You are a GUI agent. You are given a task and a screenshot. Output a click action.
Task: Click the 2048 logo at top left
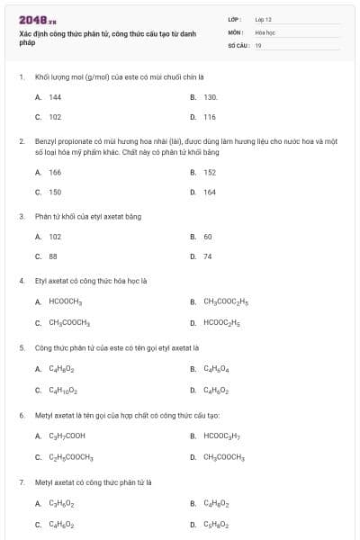coord(32,19)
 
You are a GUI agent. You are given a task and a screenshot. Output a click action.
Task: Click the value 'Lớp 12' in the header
coord(264,18)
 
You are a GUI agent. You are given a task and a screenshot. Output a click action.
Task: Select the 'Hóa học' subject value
coord(265,31)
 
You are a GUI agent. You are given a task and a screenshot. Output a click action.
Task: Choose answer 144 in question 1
coord(55,96)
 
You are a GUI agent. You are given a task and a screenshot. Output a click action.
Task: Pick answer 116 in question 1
coord(209,117)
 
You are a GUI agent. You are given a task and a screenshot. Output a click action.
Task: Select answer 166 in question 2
coord(55,172)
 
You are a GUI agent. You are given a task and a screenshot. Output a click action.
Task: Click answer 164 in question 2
coord(209,192)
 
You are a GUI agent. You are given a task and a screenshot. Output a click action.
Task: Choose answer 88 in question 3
coord(54,256)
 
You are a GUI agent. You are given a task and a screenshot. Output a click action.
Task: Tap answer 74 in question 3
coord(207,256)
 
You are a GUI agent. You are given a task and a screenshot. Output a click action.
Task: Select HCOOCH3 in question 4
coord(65,301)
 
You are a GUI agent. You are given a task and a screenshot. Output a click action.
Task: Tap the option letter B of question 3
coord(193,237)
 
